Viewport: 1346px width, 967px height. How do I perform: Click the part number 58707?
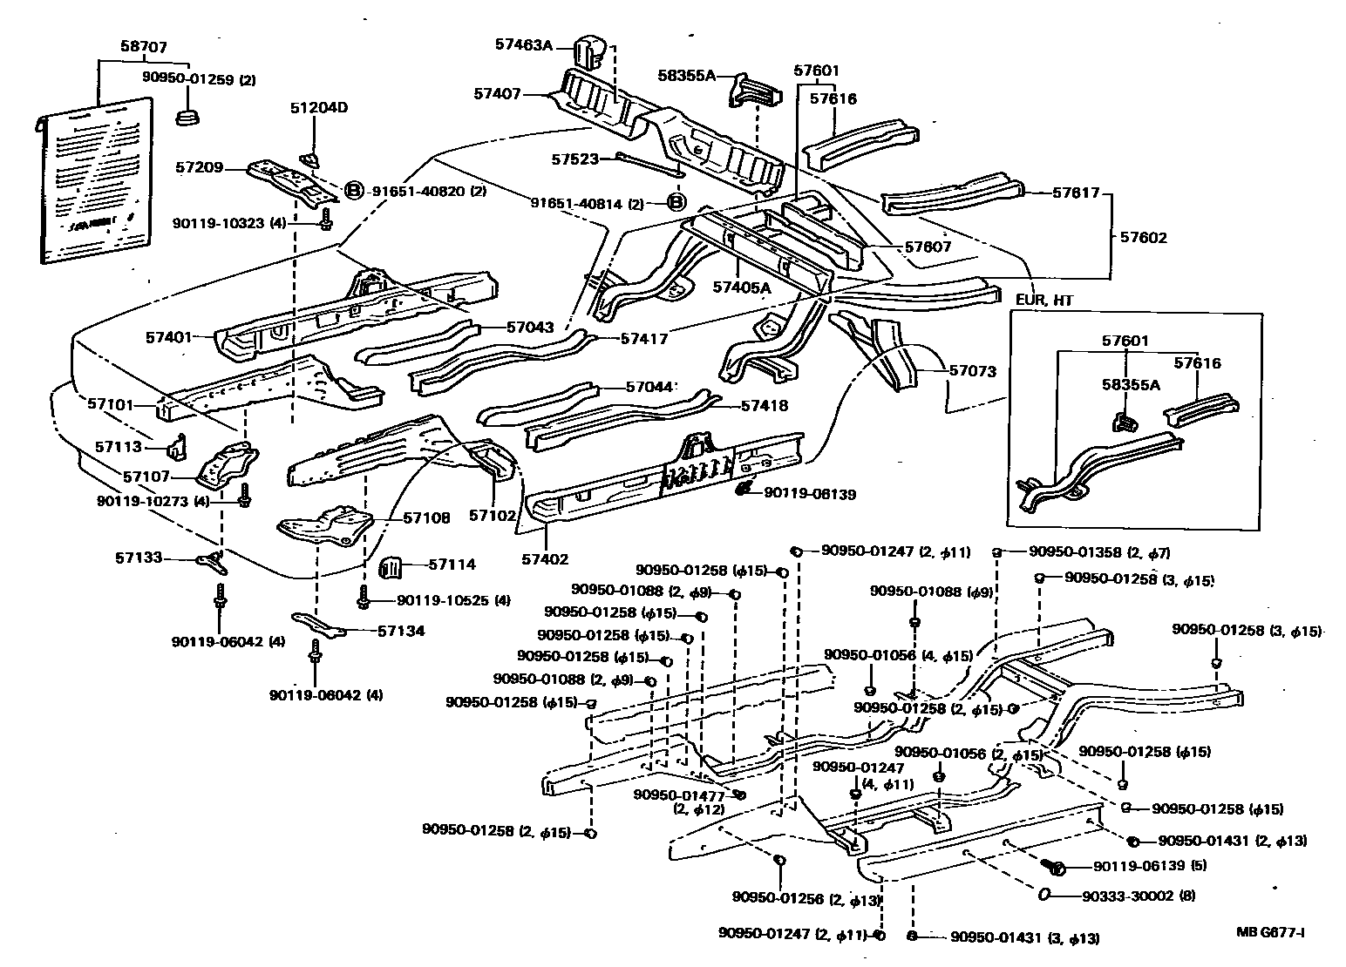(x=144, y=47)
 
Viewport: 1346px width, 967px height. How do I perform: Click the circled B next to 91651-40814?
(x=676, y=203)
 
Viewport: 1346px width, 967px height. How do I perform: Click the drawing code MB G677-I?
(x=1270, y=932)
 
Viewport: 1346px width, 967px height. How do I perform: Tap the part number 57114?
(x=452, y=565)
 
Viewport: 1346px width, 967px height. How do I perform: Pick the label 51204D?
(x=319, y=108)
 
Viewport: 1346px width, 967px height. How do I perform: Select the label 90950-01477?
(x=679, y=795)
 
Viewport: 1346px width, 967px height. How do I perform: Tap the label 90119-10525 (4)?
(x=453, y=600)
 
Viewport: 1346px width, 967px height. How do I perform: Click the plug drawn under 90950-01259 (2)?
(x=186, y=116)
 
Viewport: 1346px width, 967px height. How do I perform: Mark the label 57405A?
(x=741, y=287)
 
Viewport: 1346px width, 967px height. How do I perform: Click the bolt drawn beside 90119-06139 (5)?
(x=1056, y=867)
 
